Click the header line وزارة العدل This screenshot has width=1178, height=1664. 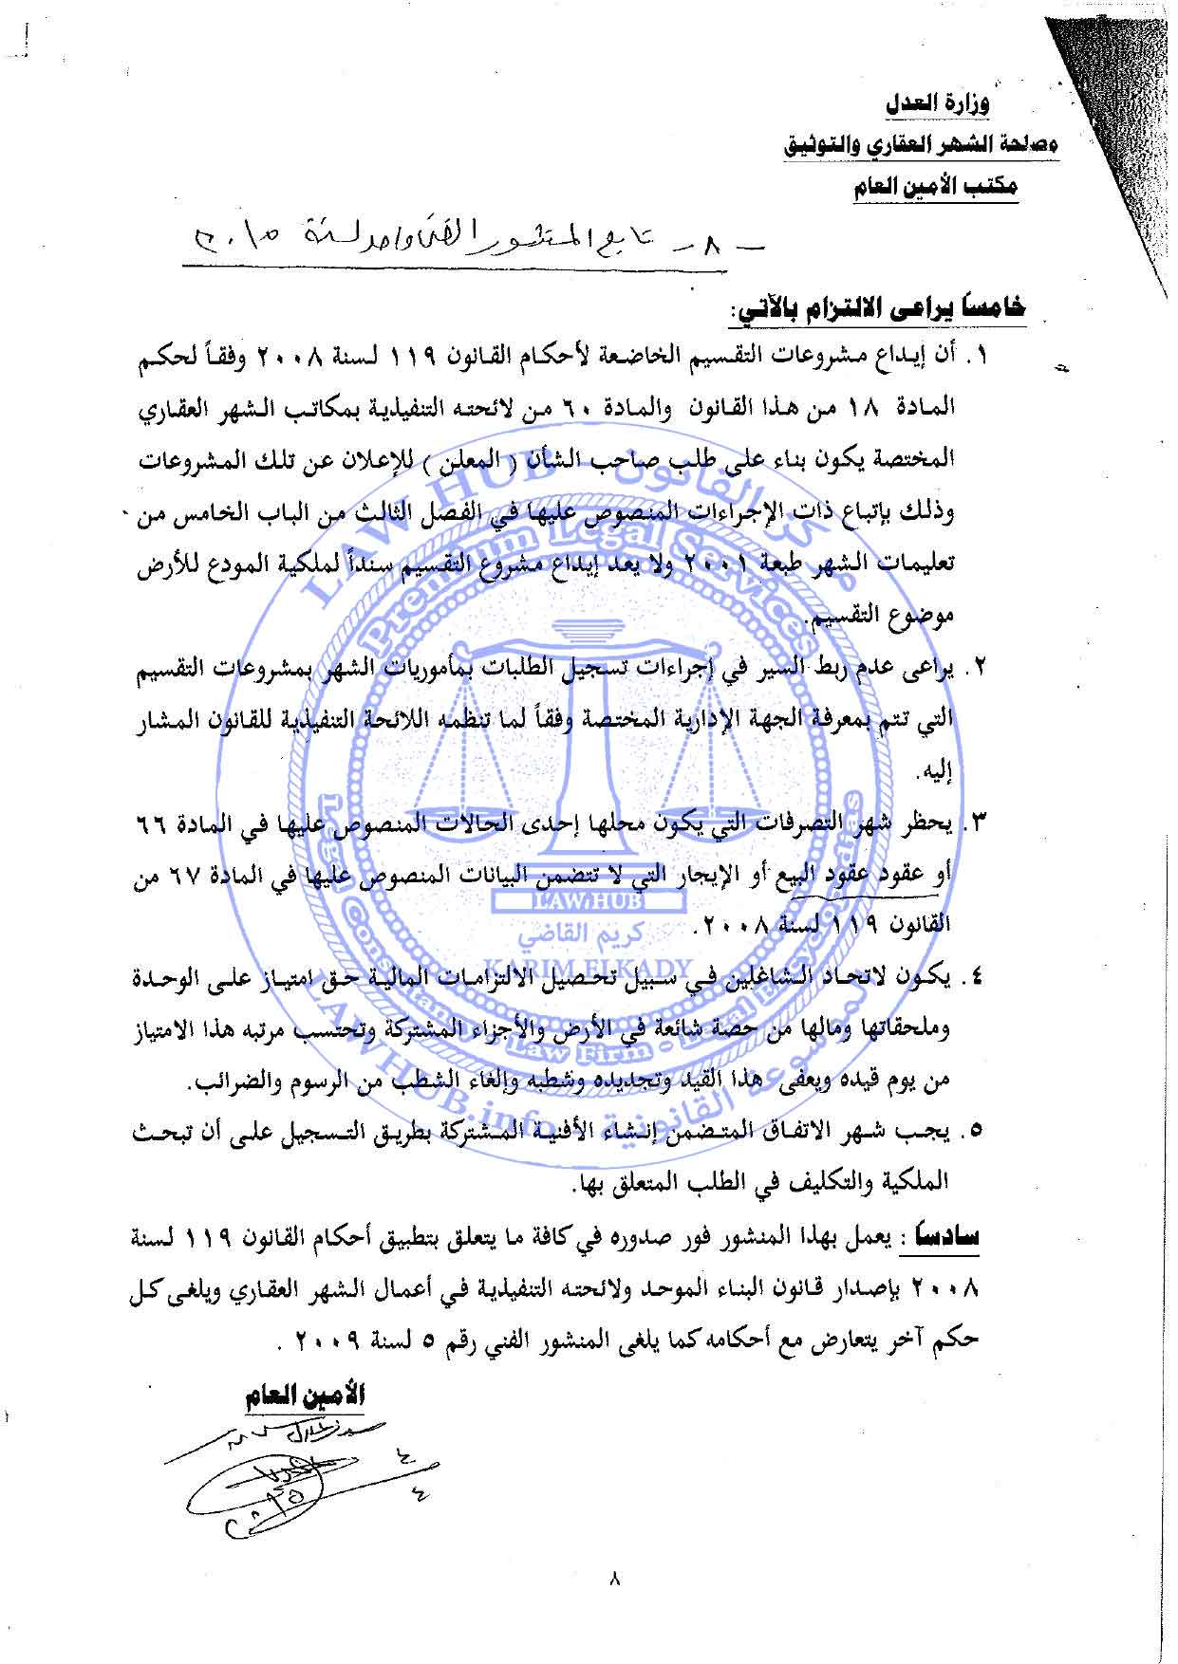(x=938, y=104)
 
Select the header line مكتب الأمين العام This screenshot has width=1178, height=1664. (x=934, y=186)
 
